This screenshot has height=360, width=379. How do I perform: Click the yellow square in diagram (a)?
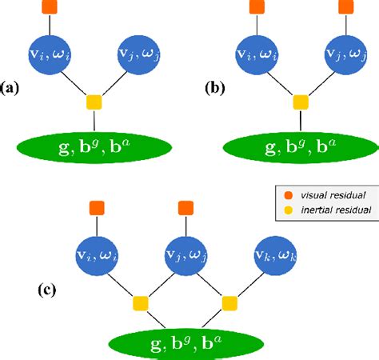(x=94, y=102)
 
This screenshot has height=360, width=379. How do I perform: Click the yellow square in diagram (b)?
(x=301, y=102)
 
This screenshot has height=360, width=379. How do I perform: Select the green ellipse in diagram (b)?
(x=301, y=148)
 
